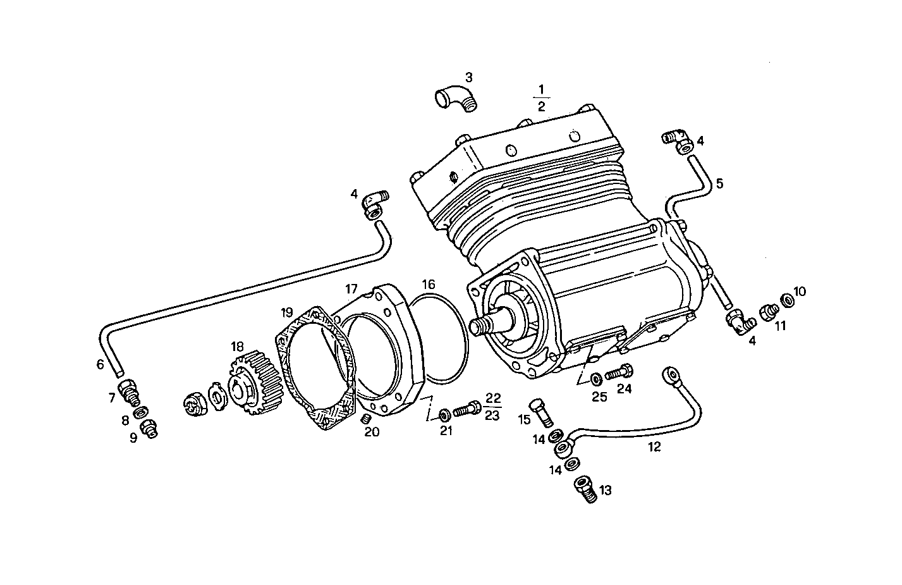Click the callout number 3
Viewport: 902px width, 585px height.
pos(468,78)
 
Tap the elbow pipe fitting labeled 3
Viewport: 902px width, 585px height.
pos(456,100)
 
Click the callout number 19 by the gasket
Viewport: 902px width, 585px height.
pos(288,312)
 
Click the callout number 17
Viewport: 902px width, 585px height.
pos(351,288)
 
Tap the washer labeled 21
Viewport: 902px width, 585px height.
pos(444,415)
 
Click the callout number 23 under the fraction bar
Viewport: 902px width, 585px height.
pos(493,416)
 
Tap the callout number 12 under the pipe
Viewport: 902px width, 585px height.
pos(654,446)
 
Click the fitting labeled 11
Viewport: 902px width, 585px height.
pos(768,311)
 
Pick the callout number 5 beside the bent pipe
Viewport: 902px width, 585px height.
pos(719,184)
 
